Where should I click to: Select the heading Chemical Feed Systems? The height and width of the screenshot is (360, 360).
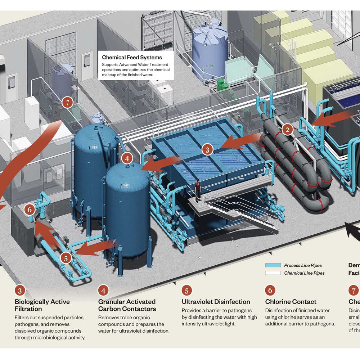[132, 57]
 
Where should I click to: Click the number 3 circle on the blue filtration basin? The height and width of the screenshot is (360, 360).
[207, 149]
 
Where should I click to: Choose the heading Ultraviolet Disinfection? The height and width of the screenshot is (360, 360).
[216, 302]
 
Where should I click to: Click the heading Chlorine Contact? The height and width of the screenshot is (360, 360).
[291, 302]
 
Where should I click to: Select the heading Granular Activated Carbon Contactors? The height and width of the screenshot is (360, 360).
[127, 305]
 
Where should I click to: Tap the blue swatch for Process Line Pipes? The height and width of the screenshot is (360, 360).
[273, 265]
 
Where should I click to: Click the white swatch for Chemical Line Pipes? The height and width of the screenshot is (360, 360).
[273, 273]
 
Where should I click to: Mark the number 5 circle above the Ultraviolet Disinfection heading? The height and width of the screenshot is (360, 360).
[187, 290]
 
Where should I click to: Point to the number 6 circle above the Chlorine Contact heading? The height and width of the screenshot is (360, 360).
[270, 290]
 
